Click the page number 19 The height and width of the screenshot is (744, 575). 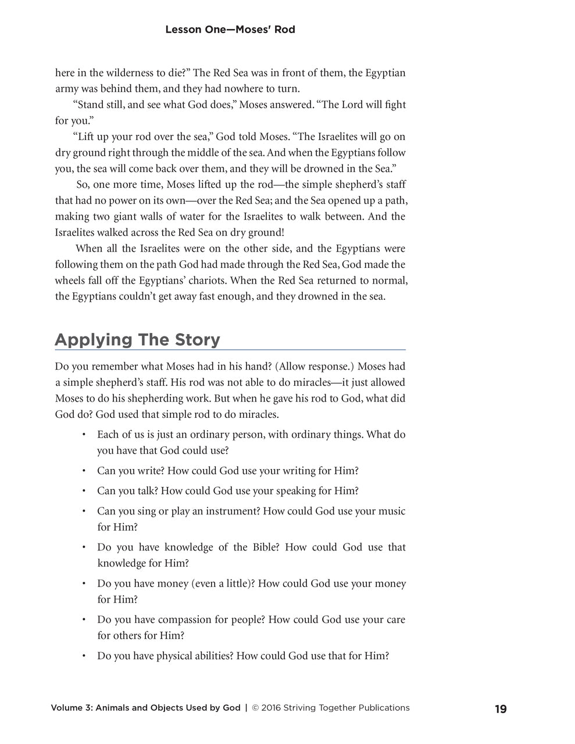click(x=500, y=709)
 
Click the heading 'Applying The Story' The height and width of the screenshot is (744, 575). click(x=137, y=339)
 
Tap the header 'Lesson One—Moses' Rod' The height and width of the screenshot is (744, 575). click(x=230, y=29)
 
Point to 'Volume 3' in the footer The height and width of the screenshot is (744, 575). click(x=70, y=708)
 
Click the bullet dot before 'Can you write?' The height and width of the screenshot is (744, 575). click(x=84, y=471)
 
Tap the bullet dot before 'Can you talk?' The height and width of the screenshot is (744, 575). click(x=84, y=491)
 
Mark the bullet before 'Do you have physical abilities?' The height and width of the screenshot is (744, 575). click(x=84, y=656)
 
